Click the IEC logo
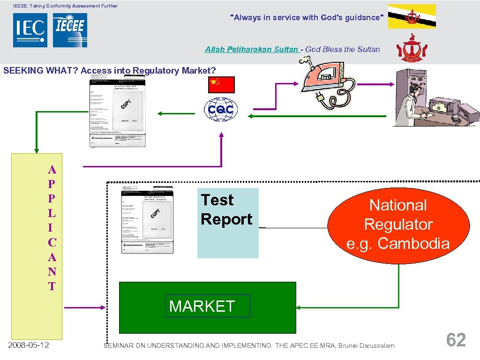30,30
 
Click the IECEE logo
70,30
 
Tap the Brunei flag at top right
412,16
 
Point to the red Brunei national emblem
412,48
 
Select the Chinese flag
221,85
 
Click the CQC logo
221,111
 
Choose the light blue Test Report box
228,223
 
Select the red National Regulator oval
398,224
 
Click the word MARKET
202,306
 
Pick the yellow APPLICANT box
37,246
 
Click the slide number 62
456,340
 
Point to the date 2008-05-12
29,345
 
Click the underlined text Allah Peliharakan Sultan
251,49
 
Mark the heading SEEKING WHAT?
40,71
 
